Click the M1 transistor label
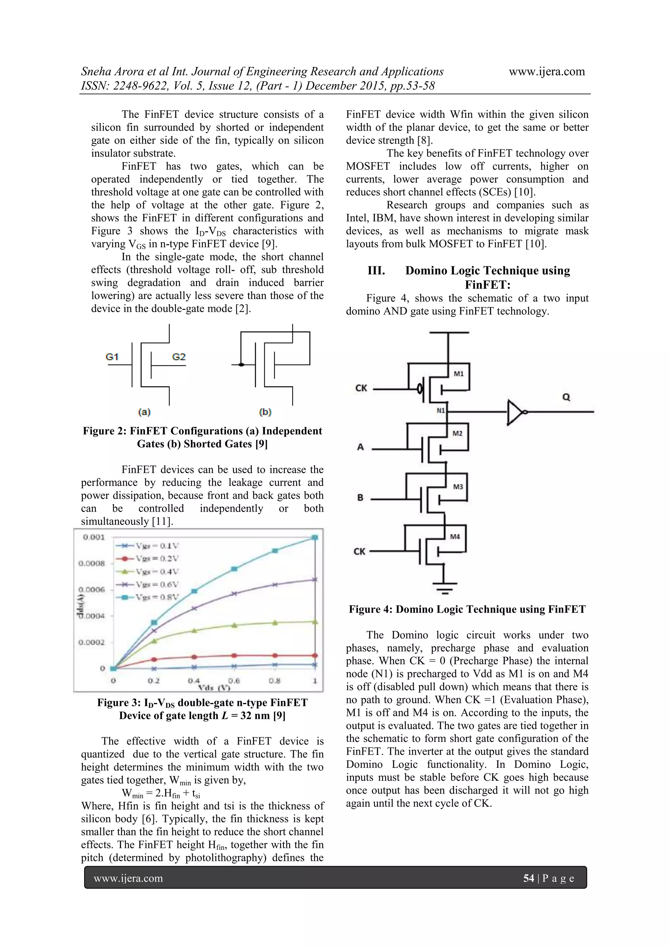click(x=459, y=374)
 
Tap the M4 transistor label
click(x=455, y=536)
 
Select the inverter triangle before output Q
click(x=515, y=412)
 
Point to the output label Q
click(x=566, y=397)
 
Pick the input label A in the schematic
click(x=361, y=447)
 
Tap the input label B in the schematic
click(x=360, y=498)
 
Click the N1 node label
click(x=441, y=411)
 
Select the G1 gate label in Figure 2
click(x=112, y=357)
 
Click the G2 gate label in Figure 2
click(x=179, y=357)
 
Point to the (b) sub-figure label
click(x=265, y=412)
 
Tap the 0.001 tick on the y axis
click(x=94, y=537)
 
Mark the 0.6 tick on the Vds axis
click(x=234, y=680)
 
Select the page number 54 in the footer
click(x=528, y=878)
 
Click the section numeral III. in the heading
click(x=376, y=271)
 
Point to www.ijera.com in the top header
click(x=547, y=71)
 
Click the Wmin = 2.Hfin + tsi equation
click(x=161, y=793)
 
